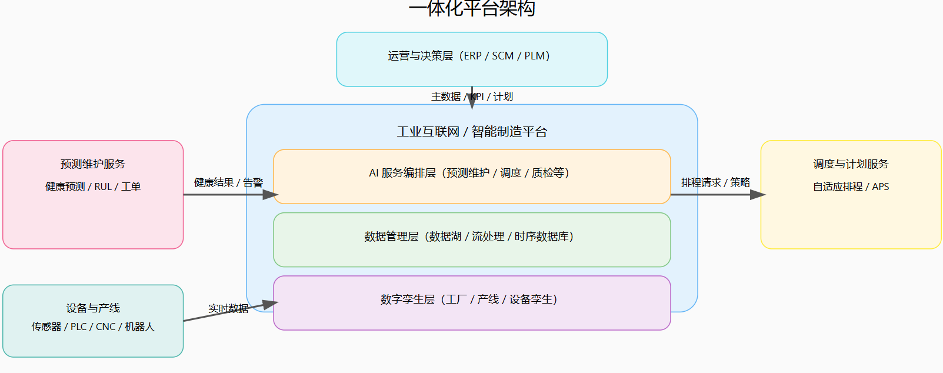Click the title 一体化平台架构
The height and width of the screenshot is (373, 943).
(x=472, y=8)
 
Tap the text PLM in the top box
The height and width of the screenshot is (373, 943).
(x=534, y=56)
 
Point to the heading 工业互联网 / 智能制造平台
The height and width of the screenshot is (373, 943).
(x=472, y=132)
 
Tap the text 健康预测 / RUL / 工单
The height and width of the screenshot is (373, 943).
(x=93, y=187)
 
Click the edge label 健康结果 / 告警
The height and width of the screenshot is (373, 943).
(x=228, y=182)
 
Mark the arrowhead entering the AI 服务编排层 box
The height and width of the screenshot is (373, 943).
(x=271, y=195)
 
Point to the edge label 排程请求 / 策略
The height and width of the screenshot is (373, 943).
(x=715, y=182)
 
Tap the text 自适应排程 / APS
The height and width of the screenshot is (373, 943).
(x=851, y=187)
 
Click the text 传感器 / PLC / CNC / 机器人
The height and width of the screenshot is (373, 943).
(x=93, y=327)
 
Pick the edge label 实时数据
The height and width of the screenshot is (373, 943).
(x=228, y=308)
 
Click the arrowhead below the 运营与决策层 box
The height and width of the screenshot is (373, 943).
(x=472, y=104)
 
